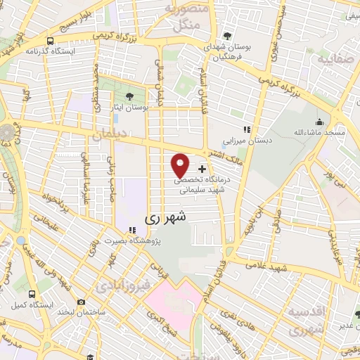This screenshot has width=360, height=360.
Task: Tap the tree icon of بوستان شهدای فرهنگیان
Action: click(x=226, y=36)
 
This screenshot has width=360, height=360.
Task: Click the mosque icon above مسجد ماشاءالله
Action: click(x=321, y=121)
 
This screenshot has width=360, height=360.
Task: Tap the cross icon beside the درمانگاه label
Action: click(x=202, y=169)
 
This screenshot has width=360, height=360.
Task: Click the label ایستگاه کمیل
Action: click(x=28, y=305)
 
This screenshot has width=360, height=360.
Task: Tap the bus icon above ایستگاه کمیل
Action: click(x=32, y=293)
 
